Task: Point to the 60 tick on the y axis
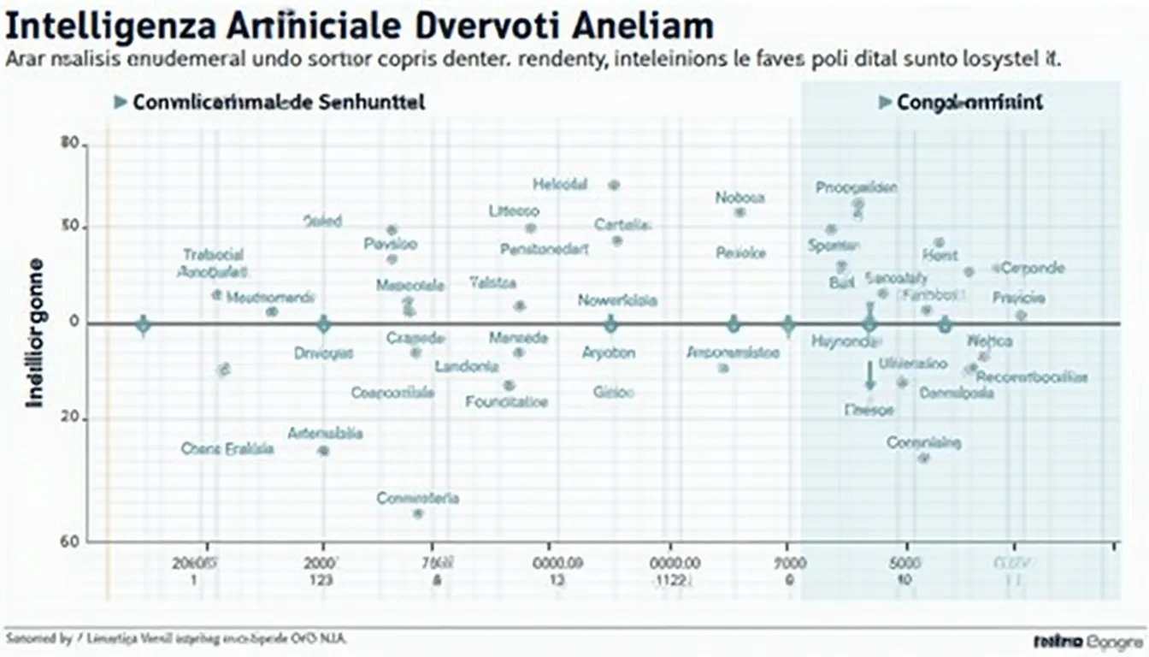click(x=70, y=541)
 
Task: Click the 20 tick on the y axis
click(x=70, y=418)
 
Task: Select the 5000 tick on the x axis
click(x=904, y=563)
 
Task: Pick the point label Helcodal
click(x=560, y=184)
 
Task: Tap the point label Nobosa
click(x=740, y=198)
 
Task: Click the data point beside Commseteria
click(x=418, y=513)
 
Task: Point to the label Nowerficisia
click(x=617, y=300)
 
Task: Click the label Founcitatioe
click(x=507, y=400)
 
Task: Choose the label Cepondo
click(x=1033, y=268)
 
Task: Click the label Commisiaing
click(x=923, y=442)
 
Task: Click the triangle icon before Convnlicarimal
click(x=120, y=103)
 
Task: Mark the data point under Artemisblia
click(x=323, y=450)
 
